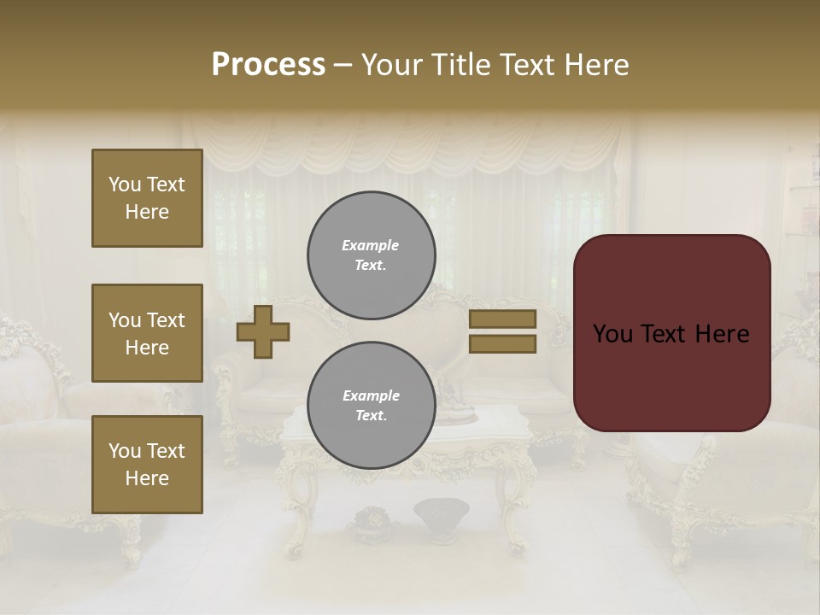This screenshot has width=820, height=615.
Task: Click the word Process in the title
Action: pos(268,64)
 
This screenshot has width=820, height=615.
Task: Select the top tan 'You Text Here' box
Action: pos(147,198)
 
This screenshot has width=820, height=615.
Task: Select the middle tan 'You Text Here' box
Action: pos(147,333)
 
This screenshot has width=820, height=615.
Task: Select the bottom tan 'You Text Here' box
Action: pos(147,464)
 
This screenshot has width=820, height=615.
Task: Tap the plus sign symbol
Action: pos(263,331)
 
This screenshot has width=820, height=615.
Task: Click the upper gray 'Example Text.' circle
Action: pos(372,255)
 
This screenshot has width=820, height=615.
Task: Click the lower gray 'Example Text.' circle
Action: pos(372,406)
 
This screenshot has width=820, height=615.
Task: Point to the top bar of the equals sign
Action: pos(502,319)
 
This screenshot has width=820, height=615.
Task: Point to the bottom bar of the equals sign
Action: pos(502,344)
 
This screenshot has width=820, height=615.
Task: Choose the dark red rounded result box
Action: pos(671,332)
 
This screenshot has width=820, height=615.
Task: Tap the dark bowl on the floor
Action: pos(441,512)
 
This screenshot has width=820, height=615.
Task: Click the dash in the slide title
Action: pos(343,64)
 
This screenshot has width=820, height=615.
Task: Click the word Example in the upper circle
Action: pos(370,245)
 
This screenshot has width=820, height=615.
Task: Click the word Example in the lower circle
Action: pos(371,395)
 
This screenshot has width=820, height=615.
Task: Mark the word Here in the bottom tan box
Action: pos(147,478)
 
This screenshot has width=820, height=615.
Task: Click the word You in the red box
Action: pos(612,334)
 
